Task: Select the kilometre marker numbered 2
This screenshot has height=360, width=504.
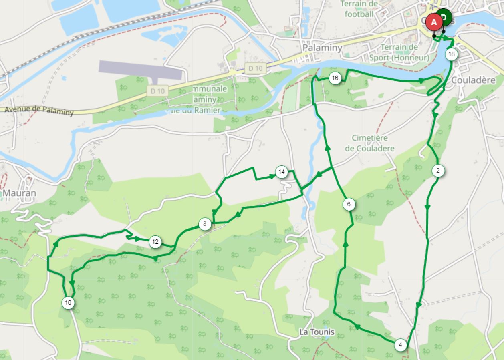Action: (438, 171)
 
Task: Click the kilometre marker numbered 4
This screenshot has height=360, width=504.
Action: (400, 345)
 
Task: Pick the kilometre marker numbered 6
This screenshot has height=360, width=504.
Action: (349, 204)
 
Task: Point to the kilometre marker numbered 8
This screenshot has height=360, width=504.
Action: (204, 224)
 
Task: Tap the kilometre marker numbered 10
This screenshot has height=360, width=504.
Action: (68, 302)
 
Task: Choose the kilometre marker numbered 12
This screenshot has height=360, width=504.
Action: (155, 242)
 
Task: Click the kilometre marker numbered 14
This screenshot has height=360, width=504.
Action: (281, 172)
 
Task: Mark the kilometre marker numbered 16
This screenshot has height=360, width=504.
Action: (335, 78)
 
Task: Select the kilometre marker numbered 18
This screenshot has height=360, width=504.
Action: (452, 54)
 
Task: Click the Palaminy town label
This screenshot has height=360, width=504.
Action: (323, 48)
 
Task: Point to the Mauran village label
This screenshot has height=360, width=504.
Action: (19, 193)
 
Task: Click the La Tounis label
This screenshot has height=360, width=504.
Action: (317, 332)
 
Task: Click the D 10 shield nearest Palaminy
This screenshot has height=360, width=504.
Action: (255, 68)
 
